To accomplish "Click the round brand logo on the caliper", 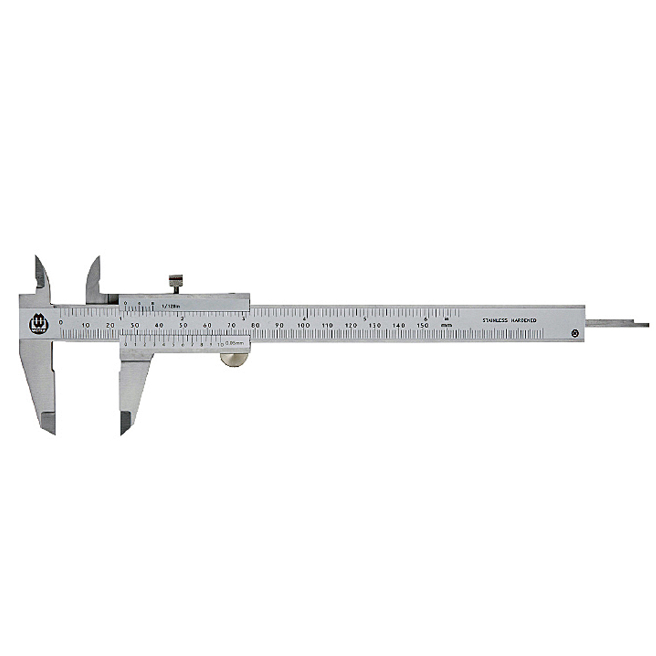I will click(x=39, y=323).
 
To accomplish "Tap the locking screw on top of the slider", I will click(x=176, y=283).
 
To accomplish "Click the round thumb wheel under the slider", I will click(x=234, y=359).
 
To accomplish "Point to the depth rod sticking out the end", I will click(x=617, y=323).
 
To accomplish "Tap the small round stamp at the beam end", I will click(x=575, y=333).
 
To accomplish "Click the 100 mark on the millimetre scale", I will click(x=303, y=325).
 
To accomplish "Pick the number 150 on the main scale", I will click(x=423, y=325).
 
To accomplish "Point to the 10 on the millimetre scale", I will click(x=86, y=325).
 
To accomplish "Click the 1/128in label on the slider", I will click(x=170, y=306).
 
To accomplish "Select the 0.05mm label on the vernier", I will click(x=234, y=343).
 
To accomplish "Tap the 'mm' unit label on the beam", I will click(x=447, y=325).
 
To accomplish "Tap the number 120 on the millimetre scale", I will click(x=351, y=325).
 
